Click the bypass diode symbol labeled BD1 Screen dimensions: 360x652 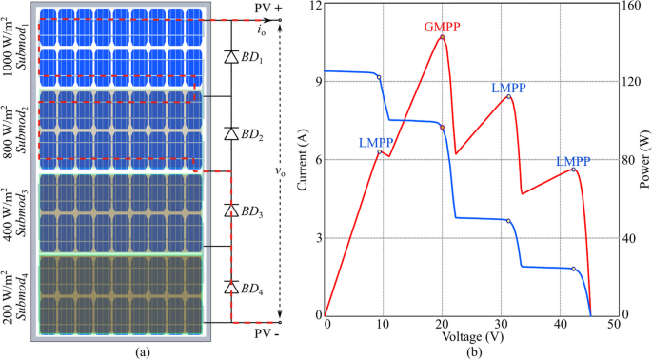(230, 57)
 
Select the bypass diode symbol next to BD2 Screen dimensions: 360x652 (230, 133)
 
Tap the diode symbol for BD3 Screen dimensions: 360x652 (230, 210)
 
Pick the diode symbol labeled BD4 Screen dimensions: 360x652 (230, 286)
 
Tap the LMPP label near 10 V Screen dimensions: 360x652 (376, 142)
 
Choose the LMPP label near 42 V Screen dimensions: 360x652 (572, 160)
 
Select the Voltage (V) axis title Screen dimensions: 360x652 (471, 338)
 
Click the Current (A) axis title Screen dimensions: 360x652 (304, 160)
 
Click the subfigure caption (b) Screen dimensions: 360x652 (472, 352)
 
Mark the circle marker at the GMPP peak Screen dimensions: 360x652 (442, 37)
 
